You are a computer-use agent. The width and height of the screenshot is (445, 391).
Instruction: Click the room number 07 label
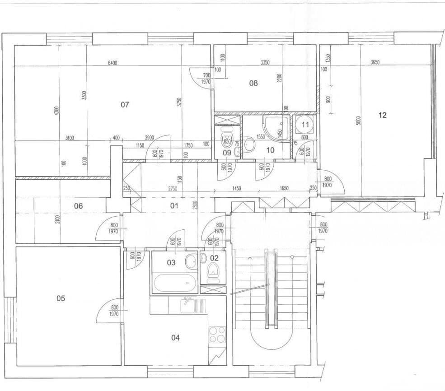tap(125, 105)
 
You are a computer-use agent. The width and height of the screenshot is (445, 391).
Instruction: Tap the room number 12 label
tap(382, 115)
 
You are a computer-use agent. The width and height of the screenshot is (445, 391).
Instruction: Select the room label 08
tap(253, 83)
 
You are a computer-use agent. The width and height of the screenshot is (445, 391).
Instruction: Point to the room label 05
tap(61, 298)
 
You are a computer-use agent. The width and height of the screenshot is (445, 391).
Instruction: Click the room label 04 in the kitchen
tap(176, 337)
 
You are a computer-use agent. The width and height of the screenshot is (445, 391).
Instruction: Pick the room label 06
tap(78, 206)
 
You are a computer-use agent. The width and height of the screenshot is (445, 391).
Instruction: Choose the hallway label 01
tap(174, 206)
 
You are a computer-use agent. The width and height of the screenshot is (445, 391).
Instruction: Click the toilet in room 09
tap(226, 140)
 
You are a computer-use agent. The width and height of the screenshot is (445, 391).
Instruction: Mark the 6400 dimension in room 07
tap(112, 63)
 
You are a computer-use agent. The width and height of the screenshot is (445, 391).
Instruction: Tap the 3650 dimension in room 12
tap(375, 63)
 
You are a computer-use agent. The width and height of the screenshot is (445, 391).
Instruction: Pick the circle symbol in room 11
tap(305, 123)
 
